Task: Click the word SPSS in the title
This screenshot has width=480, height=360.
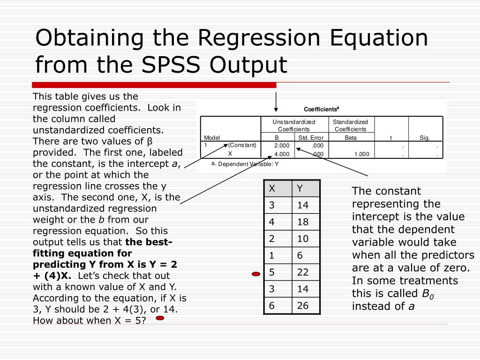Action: click(x=172, y=65)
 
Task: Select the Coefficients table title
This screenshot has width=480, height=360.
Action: click(x=321, y=109)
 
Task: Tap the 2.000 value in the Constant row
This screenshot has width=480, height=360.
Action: click(x=282, y=146)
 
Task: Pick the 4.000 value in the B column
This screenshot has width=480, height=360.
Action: click(x=282, y=154)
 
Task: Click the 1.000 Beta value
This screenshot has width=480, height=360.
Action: click(x=361, y=154)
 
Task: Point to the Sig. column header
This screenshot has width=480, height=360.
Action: click(x=425, y=138)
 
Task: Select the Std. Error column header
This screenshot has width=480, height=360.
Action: click(x=311, y=138)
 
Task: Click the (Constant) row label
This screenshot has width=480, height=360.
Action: click(x=242, y=145)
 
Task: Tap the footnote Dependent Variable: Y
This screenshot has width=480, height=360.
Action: click(x=248, y=164)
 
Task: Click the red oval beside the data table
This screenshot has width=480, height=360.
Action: click(x=256, y=274)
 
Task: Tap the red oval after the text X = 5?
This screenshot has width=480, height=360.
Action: click(x=160, y=318)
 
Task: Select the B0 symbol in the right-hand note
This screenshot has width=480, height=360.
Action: click(x=427, y=294)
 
